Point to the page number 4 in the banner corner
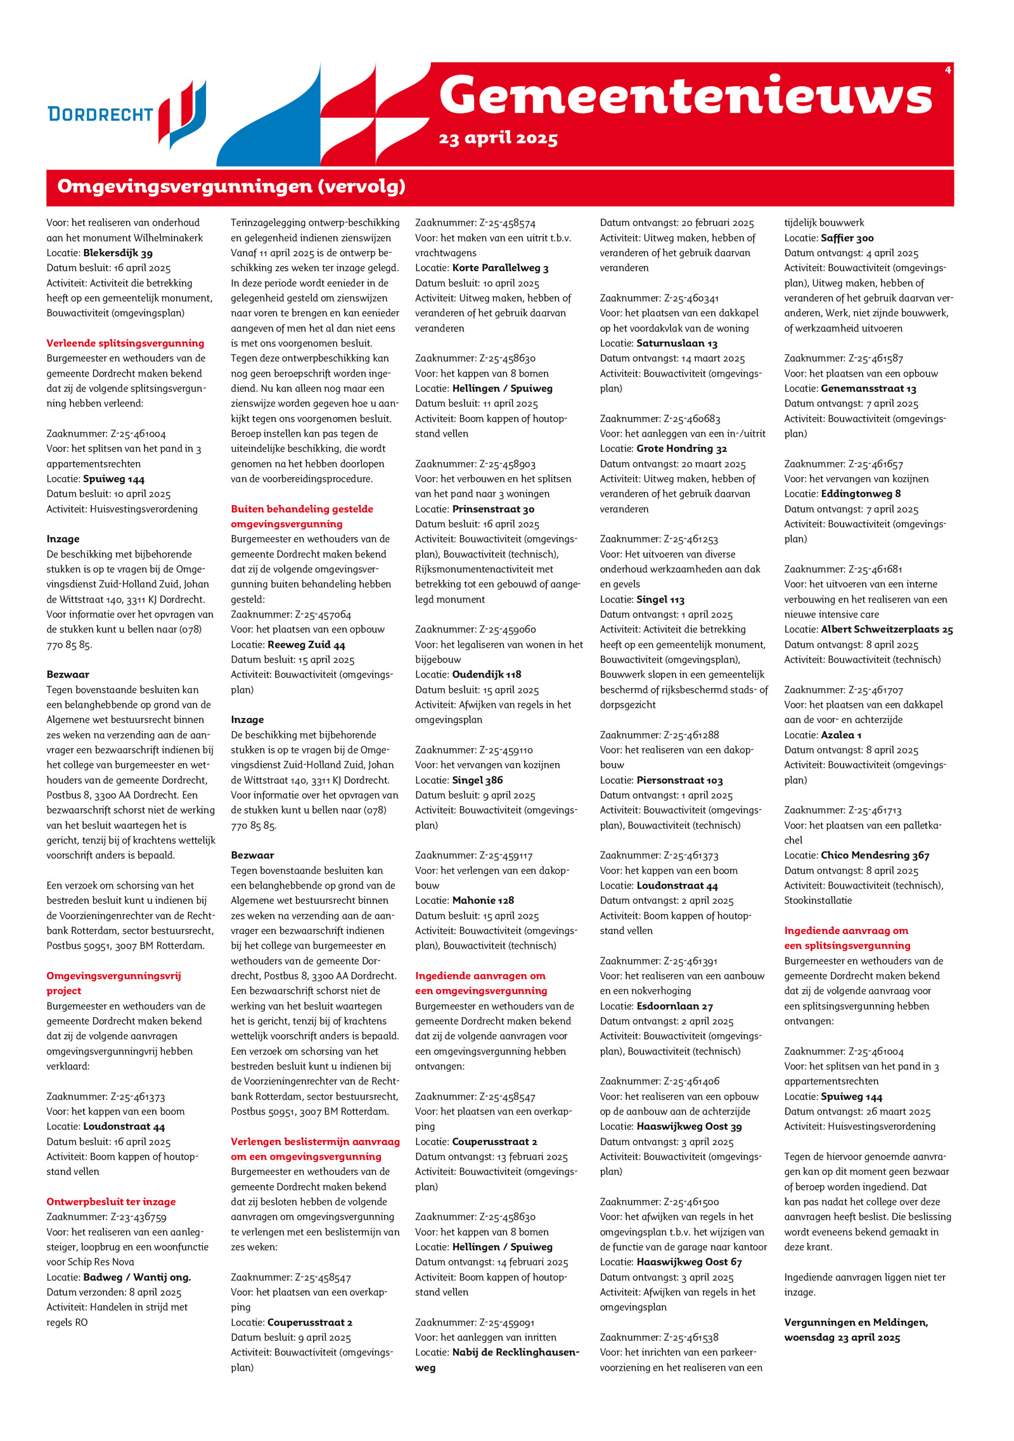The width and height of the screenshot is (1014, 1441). tap(947, 70)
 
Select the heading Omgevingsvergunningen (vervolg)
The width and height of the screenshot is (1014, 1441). tap(231, 186)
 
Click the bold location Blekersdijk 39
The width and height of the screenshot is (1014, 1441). tap(118, 253)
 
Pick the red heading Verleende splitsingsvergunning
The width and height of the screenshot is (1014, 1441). tap(125, 343)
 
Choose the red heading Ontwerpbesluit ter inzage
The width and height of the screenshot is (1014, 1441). tap(111, 1201)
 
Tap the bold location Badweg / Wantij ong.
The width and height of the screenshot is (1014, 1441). tap(137, 1277)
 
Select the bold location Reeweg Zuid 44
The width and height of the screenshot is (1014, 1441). tap(306, 645)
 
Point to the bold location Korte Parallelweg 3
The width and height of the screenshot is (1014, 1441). tap(500, 268)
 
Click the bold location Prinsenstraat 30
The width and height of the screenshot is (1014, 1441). tap(493, 509)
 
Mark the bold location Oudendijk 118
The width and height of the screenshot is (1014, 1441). tap(487, 675)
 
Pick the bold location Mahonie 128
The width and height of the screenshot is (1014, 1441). tap(483, 900)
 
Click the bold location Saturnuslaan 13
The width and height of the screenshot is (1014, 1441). tap(677, 343)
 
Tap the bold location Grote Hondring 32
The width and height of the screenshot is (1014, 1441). tap(681, 449)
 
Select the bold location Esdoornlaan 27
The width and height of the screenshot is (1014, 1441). tap(674, 1006)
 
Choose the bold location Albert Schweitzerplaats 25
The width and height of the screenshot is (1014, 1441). tap(887, 630)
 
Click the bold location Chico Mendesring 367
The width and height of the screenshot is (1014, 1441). tap(875, 855)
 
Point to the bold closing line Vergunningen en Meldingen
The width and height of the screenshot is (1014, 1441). tap(856, 1323)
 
